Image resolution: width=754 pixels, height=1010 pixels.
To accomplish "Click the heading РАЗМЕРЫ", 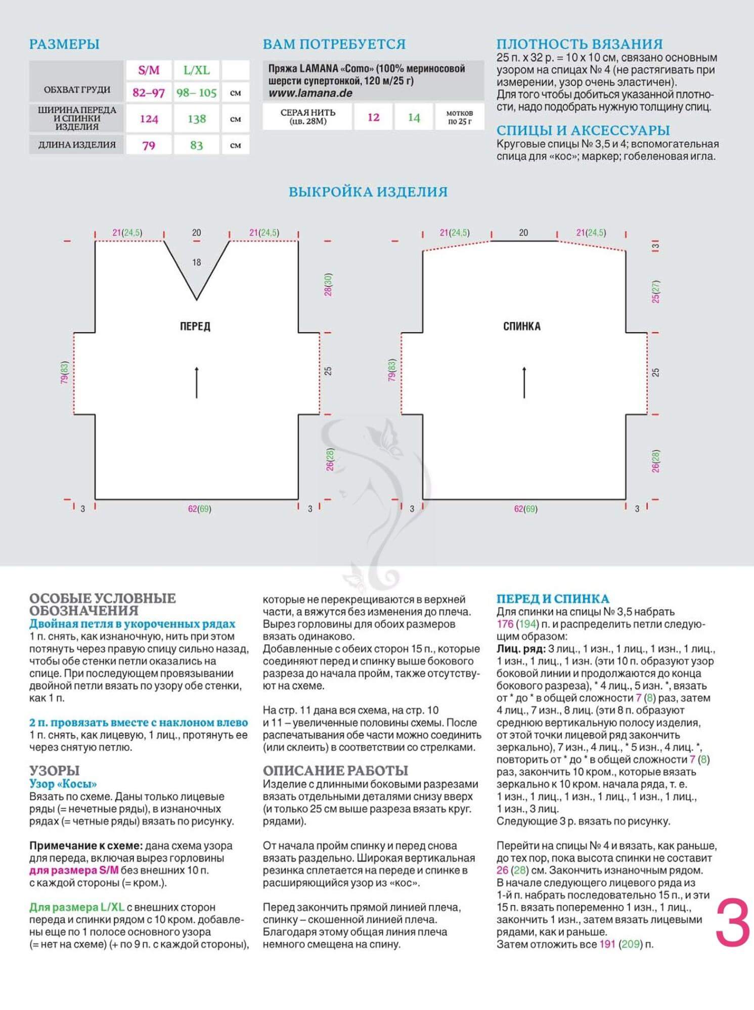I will (64, 44).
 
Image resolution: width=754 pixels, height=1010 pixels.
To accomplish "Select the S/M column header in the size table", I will (149, 70).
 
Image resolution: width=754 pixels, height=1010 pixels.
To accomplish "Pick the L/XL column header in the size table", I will (196, 70).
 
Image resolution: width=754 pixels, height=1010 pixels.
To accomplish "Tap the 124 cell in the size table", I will (149, 119).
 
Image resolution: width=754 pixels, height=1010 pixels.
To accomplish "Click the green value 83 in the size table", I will (196, 146).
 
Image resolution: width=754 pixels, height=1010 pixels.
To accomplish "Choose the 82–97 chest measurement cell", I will (149, 93).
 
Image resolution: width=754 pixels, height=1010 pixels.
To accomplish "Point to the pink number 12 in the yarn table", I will (373, 117).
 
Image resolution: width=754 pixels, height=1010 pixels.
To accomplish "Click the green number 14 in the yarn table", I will (414, 117).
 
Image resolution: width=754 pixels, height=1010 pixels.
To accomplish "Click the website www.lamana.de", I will (310, 93).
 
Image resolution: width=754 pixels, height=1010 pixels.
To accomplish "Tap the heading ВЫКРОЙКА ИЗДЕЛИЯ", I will (368, 192).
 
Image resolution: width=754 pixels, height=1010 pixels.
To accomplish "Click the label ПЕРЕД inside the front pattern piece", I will (195, 326).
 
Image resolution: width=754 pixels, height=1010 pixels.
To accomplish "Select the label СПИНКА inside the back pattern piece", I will (522, 326).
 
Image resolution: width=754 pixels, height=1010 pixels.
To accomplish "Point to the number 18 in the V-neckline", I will (197, 262).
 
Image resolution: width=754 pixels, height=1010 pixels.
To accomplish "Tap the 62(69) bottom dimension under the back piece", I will (526, 509).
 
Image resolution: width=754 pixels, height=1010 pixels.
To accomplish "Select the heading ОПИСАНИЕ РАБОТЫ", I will (335, 771).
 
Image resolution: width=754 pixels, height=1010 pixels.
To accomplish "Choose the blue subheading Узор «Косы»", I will (63, 784).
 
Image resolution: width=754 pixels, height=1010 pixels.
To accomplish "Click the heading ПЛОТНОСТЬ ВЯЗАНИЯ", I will (580, 44).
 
